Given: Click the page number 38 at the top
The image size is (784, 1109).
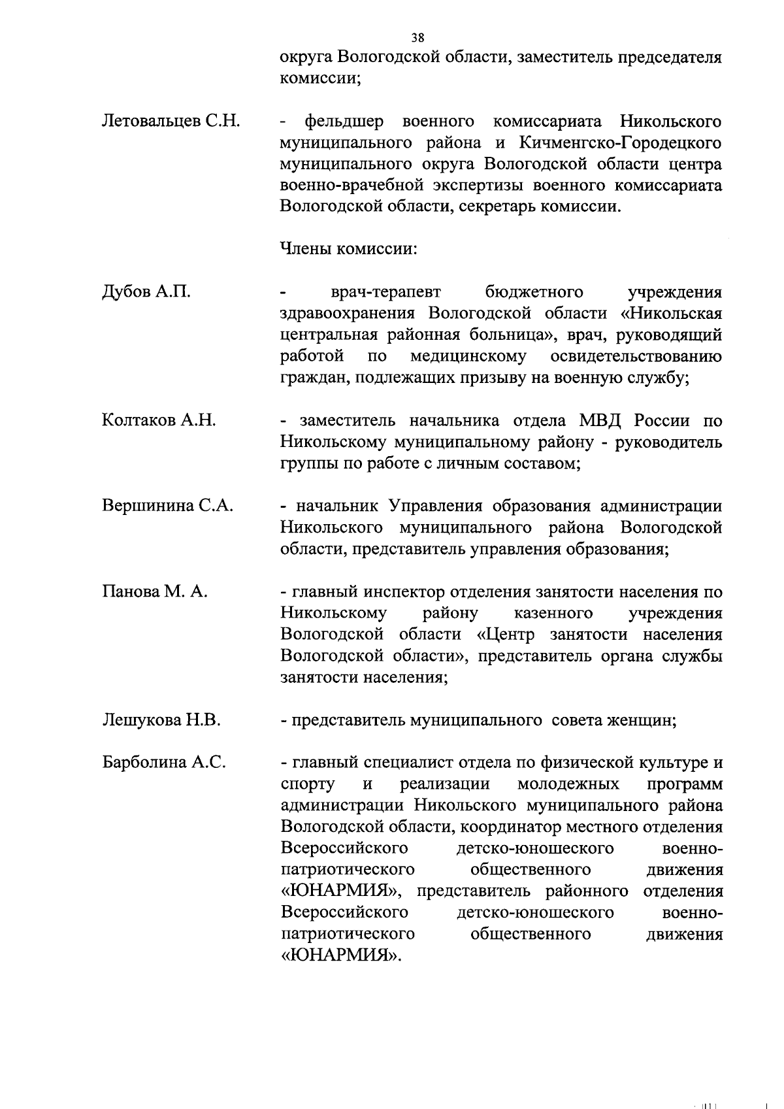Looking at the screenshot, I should (417, 37).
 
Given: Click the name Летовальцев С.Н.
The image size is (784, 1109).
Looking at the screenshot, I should (171, 122).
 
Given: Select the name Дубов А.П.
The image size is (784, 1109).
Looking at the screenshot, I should (146, 291).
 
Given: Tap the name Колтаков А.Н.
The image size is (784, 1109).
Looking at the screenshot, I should (159, 420).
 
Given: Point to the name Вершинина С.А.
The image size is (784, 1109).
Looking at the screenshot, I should (168, 506).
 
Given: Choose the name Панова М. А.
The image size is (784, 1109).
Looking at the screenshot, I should (155, 591).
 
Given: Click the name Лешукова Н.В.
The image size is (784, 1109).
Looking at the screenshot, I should (161, 720).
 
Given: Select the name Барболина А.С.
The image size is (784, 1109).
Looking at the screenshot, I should (164, 763).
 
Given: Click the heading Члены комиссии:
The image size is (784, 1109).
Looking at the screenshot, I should (349, 249).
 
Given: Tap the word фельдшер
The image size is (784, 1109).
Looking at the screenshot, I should (344, 122).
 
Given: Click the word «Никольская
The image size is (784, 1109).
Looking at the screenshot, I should (670, 313).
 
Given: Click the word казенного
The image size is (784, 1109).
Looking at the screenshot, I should (553, 613).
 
